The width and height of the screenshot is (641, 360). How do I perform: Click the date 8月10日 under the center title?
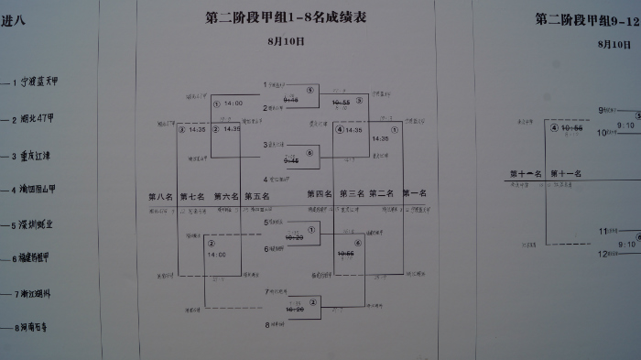pos(283,41)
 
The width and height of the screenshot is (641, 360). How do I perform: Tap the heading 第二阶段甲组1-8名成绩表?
pos(285,17)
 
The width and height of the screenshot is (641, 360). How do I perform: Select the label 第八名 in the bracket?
pos(160,195)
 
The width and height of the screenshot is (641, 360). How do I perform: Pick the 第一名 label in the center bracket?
pos(414,194)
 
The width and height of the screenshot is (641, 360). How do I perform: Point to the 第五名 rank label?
pos(258,195)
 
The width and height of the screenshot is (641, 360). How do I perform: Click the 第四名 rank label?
pos(319,194)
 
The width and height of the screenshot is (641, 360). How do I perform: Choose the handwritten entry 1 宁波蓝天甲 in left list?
pos(42,82)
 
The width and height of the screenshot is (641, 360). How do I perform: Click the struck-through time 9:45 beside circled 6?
pos(291,159)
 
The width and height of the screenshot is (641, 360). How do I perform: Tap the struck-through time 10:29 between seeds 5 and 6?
pos(295,237)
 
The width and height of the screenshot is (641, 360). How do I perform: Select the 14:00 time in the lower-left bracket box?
pos(217,255)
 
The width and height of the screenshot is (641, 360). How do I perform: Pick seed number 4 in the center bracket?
pos(266,179)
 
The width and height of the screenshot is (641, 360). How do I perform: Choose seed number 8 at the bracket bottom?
pos(266,324)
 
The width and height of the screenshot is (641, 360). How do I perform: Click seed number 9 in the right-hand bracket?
pos(602,110)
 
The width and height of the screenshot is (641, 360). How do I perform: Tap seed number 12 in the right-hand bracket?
pos(602,254)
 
